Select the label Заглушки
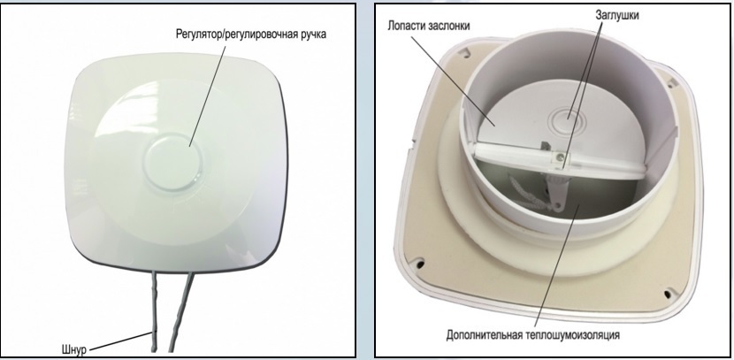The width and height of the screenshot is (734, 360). [x=592, y=15]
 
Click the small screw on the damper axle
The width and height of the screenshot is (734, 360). [x=559, y=157]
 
